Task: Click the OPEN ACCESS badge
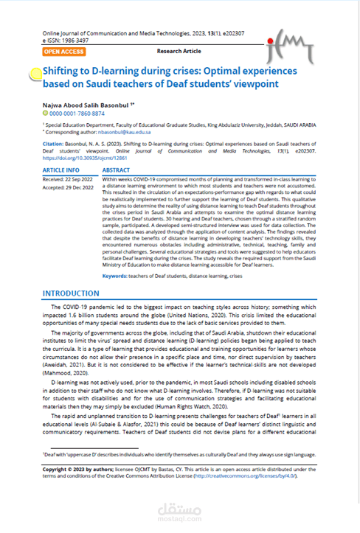[x=63, y=52]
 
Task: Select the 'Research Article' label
[x=179, y=51]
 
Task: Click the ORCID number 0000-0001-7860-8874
[x=78, y=114]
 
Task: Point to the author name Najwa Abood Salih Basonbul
[x=86, y=105]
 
